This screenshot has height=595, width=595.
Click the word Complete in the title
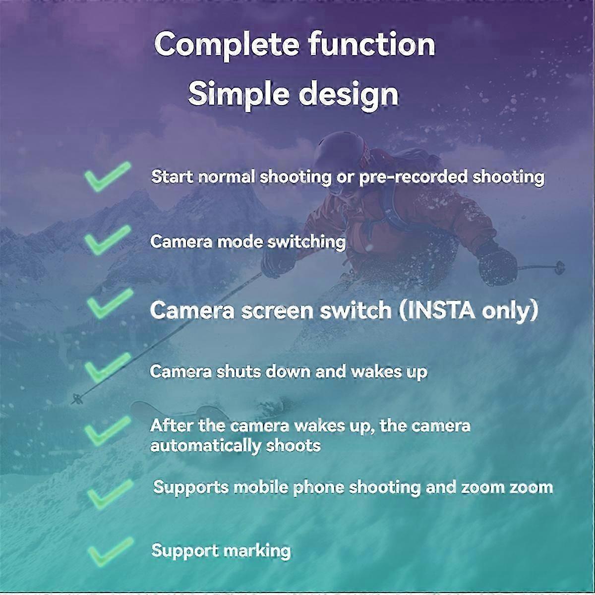[x=227, y=45]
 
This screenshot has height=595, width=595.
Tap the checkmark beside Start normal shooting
[x=106, y=176]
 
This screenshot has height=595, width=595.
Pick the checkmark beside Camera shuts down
[x=107, y=369]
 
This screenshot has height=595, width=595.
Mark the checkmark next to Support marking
[x=109, y=550]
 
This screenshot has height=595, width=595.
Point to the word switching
[x=306, y=241]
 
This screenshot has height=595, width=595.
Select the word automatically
[x=205, y=446]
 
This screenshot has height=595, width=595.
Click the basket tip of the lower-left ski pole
[x=76, y=398]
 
